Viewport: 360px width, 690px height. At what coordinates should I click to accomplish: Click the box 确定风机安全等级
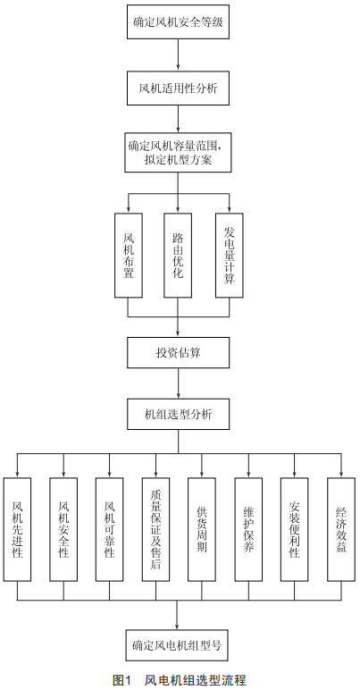point(178,22)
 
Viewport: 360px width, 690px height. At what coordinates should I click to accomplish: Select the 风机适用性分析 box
point(178,88)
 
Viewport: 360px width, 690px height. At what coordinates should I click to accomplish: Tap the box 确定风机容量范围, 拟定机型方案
point(178,153)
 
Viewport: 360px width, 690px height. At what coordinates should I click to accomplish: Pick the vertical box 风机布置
point(129,256)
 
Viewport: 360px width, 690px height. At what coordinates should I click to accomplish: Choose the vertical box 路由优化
point(178,256)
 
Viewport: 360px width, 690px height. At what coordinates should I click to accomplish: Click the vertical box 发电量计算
point(230,256)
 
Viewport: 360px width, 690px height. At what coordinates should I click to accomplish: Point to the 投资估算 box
point(178,352)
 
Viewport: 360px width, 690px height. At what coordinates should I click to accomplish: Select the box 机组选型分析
point(178,414)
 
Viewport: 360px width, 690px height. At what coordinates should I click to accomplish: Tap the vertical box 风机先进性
point(17,529)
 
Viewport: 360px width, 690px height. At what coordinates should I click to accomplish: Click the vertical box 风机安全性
point(63,529)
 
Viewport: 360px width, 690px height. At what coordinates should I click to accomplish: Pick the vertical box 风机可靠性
point(110,529)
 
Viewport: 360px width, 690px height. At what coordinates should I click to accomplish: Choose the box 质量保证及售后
point(155,529)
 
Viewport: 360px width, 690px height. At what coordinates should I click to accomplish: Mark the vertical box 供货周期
point(202,529)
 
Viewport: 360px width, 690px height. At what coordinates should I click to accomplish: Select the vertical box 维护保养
point(248,529)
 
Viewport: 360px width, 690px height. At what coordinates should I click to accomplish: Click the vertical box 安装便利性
point(295,529)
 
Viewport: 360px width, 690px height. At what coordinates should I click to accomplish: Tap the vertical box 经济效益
point(341,529)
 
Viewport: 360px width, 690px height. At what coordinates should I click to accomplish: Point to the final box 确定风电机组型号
point(177,645)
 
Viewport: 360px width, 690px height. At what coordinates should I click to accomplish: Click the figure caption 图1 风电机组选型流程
point(180,680)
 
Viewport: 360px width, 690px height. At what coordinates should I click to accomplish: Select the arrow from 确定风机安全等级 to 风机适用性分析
point(178,55)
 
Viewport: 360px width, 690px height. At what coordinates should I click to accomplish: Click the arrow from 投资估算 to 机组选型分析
point(178,383)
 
